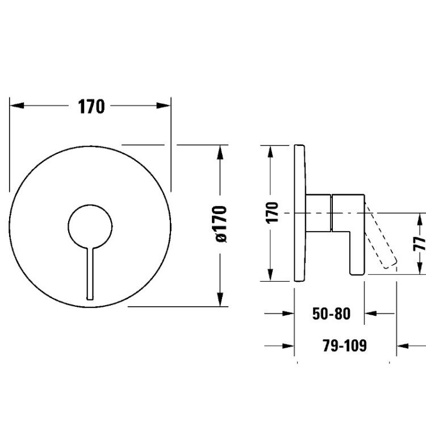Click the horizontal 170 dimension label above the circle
(x=91, y=107)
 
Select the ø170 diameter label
(x=220, y=224)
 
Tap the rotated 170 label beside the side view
(x=273, y=213)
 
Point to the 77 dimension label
(x=420, y=244)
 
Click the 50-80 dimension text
(x=332, y=314)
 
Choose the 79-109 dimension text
(x=345, y=345)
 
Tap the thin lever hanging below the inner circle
(x=90, y=274)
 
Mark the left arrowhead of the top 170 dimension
(x=17, y=106)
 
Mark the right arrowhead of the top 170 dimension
(x=164, y=106)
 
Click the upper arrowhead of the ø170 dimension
(x=220, y=152)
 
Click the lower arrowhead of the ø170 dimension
(x=220, y=299)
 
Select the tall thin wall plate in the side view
(x=300, y=213)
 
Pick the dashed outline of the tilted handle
(x=381, y=236)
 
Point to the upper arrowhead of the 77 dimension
(x=420, y=220)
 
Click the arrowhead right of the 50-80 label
(x=370, y=314)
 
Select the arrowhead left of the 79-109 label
(x=288, y=346)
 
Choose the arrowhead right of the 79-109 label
(x=403, y=346)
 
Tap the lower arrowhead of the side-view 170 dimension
(x=270, y=274)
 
